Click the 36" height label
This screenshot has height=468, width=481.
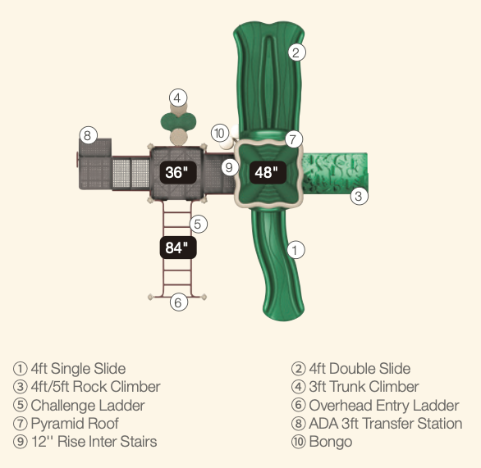tap(178, 172)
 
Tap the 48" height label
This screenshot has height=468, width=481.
tap(268, 173)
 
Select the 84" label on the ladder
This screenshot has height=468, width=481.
tap(178, 248)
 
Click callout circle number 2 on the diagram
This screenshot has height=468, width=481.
tap(296, 52)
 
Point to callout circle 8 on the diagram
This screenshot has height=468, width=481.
tap(89, 135)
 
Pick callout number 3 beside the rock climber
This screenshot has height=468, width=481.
tap(360, 196)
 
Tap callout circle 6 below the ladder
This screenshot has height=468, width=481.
tap(179, 302)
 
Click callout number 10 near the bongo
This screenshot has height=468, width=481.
tap(220, 134)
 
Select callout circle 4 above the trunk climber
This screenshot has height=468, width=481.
tap(178, 98)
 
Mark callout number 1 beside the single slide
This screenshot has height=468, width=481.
tap(296, 250)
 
